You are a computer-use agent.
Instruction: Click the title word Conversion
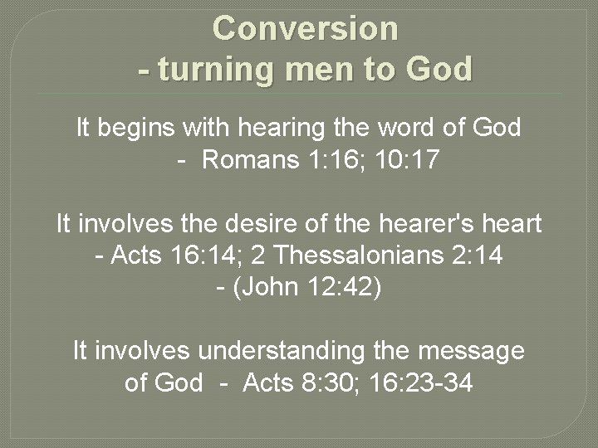coord(306,29)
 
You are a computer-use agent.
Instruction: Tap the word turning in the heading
coord(213,70)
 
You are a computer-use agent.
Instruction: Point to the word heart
coord(508,224)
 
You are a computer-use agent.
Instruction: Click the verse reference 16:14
coord(187,256)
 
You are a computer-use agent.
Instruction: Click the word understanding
coord(281,351)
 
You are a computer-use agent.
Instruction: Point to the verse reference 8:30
coord(329,382)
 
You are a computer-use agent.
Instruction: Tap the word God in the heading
coord(439,70)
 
